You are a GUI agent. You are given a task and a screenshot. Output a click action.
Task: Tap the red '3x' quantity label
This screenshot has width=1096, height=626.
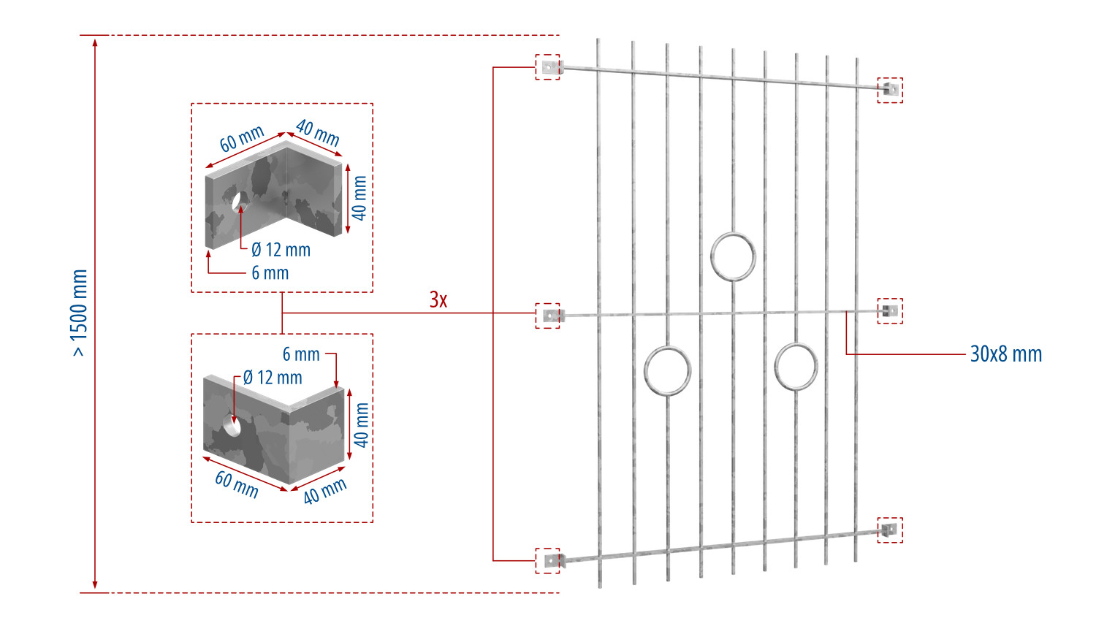438,299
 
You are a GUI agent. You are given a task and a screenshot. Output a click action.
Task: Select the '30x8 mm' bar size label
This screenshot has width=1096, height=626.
1006,354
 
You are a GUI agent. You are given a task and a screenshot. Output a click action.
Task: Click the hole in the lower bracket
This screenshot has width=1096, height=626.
232,424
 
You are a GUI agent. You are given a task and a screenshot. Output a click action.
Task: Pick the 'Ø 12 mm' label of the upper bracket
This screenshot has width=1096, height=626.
281,250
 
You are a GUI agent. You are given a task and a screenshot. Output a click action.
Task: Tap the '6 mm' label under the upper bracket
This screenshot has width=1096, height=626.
270,273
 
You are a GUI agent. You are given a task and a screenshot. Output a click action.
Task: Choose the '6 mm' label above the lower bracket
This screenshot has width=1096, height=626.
301,354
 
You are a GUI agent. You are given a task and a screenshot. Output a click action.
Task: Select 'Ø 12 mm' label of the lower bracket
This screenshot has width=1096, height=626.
273,378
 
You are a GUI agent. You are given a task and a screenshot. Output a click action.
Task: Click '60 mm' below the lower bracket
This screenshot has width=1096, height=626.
236,485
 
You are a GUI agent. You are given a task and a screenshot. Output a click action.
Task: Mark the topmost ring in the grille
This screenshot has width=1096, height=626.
733,234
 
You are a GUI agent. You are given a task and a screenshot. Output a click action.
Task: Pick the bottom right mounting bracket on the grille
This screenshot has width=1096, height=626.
889,530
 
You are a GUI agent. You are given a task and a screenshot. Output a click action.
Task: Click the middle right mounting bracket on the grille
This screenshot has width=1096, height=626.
890,310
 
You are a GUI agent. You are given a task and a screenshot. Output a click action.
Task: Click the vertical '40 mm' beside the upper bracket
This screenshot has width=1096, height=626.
359,198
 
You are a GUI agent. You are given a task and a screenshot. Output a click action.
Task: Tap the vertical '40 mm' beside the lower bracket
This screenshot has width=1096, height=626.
362,424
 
